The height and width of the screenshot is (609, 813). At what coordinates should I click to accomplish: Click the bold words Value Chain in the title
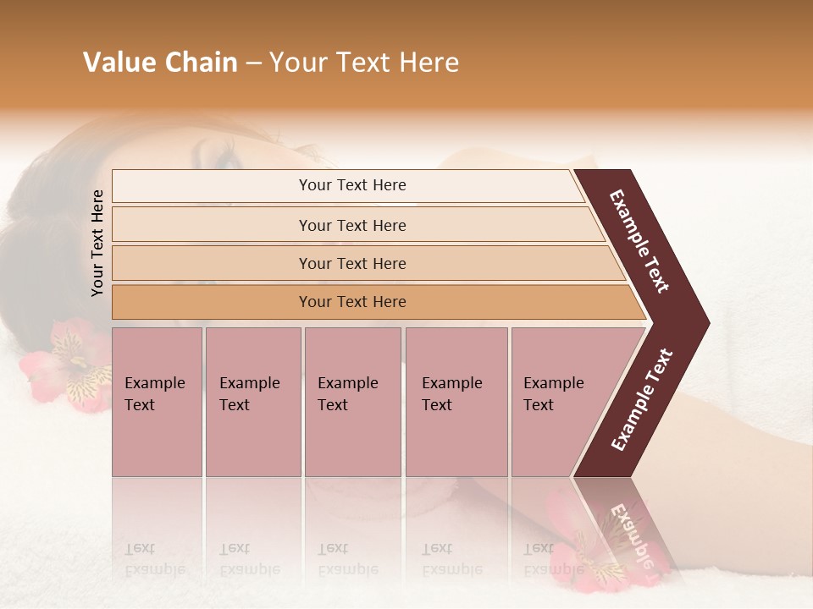[160, 63]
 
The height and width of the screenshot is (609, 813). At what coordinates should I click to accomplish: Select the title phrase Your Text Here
[364, 63]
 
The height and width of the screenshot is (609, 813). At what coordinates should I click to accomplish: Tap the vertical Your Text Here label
[97, 243]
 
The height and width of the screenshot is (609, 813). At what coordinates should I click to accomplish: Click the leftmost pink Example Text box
[157, 402]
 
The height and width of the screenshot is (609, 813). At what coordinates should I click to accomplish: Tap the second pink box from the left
[252, 402]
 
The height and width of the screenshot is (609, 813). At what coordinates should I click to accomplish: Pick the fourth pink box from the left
[456, 402]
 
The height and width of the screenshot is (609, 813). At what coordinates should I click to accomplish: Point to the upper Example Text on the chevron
[639, 240]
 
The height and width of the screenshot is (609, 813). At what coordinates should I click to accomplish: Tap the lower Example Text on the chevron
[642, 399]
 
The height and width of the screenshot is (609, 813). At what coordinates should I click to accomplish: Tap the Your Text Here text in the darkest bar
[352, 302]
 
